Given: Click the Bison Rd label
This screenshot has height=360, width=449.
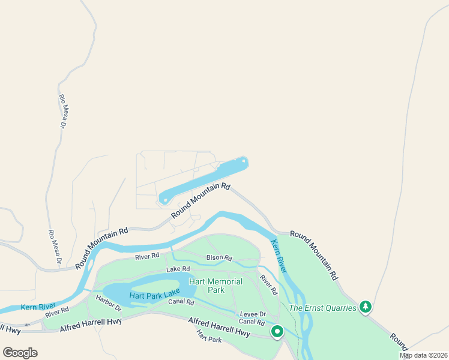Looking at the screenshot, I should (x=219, y=258).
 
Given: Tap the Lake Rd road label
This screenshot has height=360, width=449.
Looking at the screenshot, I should (x=178, y=269).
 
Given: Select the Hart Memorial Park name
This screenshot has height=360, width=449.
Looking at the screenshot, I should (x=215, y=286).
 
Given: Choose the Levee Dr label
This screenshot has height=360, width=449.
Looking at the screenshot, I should (x=253, y=314).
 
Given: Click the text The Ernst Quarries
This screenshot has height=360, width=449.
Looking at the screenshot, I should (x=322, y=308).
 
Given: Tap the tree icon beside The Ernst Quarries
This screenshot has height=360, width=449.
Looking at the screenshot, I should (x=365, y=307).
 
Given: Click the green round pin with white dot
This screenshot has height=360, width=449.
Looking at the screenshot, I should (x=277, y=331).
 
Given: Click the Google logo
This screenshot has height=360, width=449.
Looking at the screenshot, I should (x=20, y=352).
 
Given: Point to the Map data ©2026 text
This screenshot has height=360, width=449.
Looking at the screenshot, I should (x=424, y=355).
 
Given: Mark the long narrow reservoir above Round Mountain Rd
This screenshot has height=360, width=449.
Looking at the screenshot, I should (x=204, y=179).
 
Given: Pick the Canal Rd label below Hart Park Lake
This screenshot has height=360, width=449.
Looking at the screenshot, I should (x=181, y=302).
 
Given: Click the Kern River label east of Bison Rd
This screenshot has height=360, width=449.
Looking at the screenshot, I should (x=280, y=257).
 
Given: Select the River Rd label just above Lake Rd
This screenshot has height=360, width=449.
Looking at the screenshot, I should (x=147, y=256).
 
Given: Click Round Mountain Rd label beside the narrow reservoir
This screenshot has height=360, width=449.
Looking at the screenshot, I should (x=200, y=201).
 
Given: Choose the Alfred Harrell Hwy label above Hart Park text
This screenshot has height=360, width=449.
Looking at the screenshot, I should (x=218, y=327).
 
